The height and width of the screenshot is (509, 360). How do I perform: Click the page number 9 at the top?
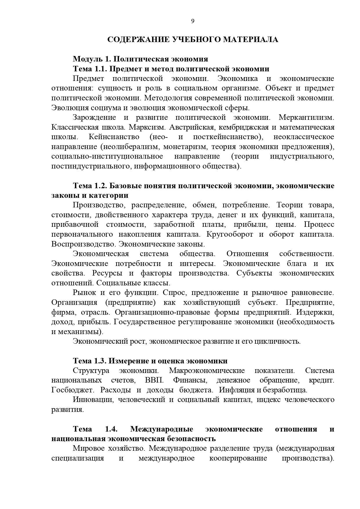coord(193,21)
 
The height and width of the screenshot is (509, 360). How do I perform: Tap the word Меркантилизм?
coord(306,117)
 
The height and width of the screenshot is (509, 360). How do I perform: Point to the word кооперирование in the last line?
coord(238,458)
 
